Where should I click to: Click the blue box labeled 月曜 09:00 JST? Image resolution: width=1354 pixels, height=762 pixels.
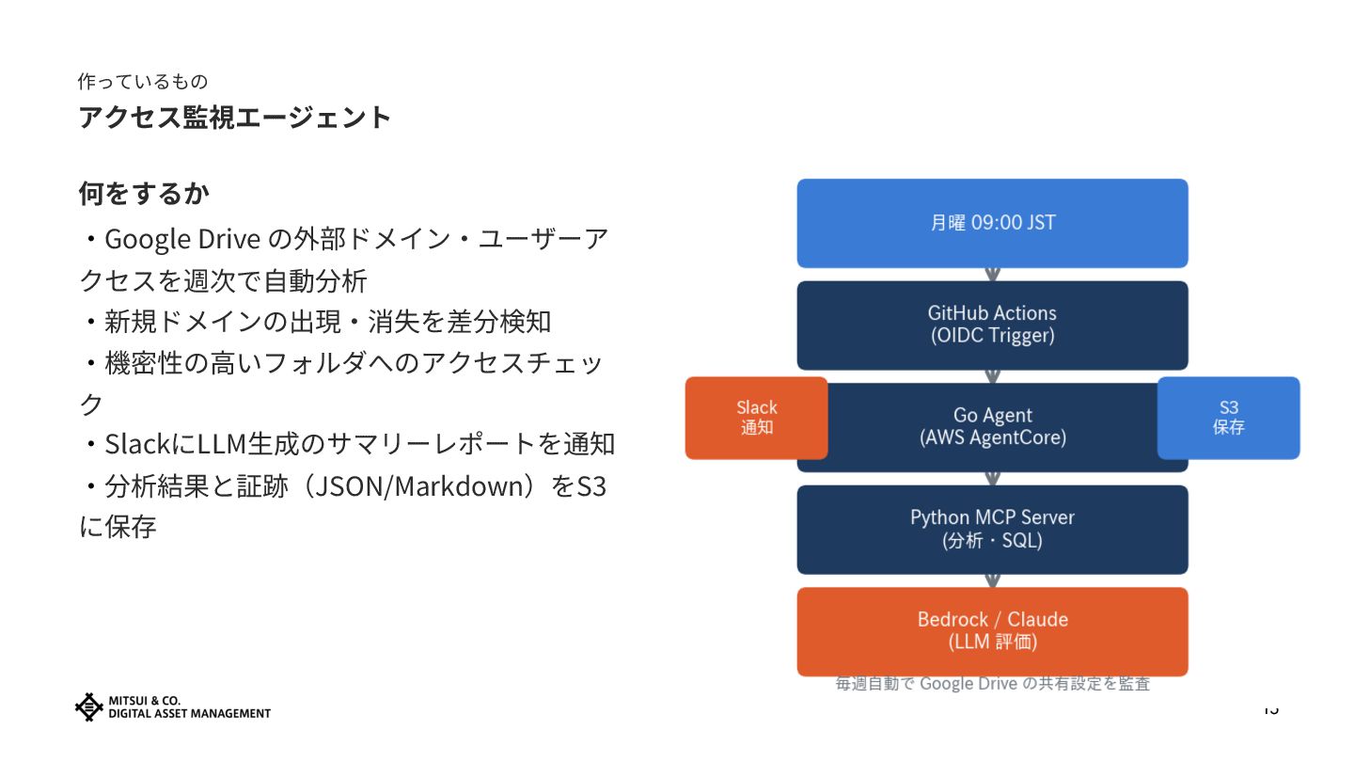click(992, 223)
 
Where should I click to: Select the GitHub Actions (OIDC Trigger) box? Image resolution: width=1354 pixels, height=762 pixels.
click(992, 325)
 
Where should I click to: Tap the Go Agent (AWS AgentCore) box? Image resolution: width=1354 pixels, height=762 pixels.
click(992, 426)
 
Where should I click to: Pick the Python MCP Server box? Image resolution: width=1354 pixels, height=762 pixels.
click(992, 529)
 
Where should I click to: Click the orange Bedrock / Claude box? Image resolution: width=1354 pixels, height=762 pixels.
click(992, 631)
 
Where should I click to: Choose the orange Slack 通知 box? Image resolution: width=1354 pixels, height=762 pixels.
click(756, 418)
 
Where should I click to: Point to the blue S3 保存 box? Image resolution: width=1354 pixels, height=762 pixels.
click(1228, 418)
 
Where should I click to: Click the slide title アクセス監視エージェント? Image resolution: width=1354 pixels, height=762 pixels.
click(234, 118)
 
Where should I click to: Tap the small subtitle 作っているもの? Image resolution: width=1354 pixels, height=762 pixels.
click(142, 82)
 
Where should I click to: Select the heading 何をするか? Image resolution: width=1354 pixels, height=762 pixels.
click(144, 194)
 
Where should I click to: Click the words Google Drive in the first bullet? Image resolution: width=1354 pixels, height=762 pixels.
click(181, 239)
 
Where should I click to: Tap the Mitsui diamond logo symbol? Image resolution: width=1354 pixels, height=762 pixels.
click(88, 706)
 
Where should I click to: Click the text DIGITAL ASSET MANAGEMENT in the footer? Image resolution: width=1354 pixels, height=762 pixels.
click(189, 713)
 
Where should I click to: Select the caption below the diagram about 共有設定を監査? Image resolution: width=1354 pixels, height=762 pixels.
click(992, 684)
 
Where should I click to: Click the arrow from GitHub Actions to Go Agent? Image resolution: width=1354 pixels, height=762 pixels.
click(992, 376)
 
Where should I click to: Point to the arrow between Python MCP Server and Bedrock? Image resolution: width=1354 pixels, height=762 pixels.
click(992, 580)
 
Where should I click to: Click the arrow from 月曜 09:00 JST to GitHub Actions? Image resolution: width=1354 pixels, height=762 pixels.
click(992, 274)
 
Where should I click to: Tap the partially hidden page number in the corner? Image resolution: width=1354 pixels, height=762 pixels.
click(1271, 709)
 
